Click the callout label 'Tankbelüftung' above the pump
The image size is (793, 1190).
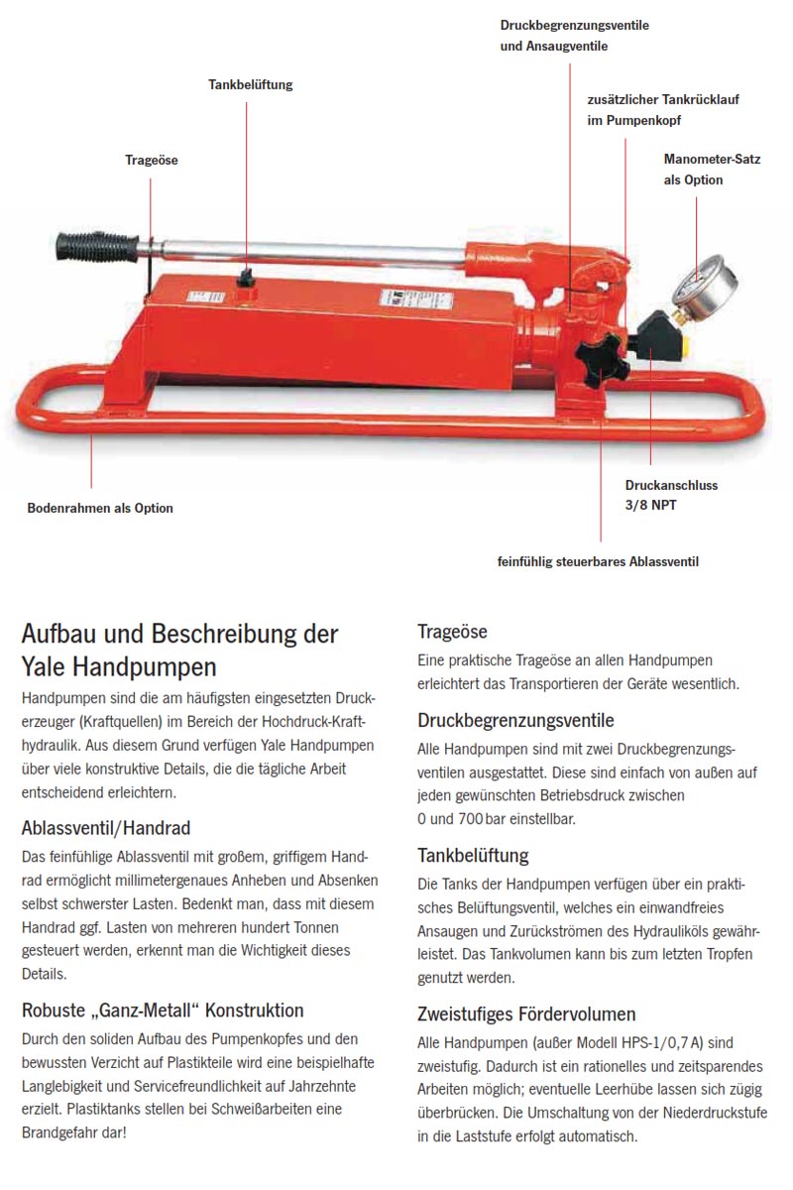coord(250,85)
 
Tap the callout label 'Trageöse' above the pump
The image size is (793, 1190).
coord(151,160)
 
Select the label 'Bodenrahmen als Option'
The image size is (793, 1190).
coord(99,508)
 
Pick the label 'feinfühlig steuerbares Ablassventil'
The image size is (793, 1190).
coord(598,561)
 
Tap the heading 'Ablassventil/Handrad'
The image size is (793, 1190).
coord(106,827)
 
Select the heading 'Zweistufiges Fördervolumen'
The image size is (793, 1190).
coord(526,1013)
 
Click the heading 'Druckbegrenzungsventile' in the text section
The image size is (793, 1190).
coord(515,720)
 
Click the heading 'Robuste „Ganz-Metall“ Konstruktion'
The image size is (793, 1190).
coord(163,1011)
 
